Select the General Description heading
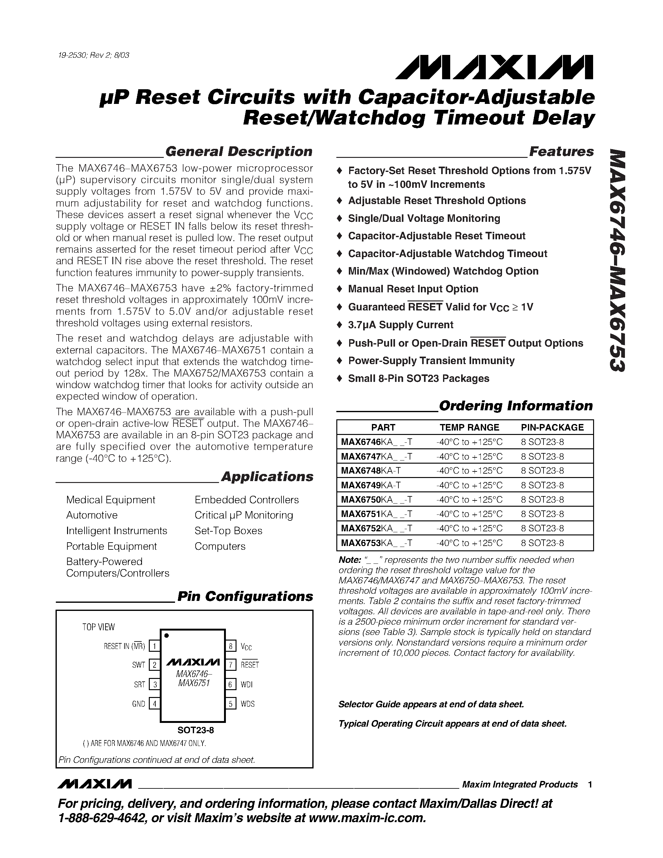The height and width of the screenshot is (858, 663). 239,152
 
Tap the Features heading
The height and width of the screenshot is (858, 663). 561,152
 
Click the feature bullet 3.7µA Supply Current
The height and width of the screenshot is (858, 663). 400,325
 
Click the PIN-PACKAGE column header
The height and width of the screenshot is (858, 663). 552,427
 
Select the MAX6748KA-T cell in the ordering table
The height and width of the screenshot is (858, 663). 371,470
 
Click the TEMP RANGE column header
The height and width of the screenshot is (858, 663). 469,427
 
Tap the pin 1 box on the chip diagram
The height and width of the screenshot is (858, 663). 155,646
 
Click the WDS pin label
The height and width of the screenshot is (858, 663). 247,704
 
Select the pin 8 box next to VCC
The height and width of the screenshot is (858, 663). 231,646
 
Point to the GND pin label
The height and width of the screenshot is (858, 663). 139,704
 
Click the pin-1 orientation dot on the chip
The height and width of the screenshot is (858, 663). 167,636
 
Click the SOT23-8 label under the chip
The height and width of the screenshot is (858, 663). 196,730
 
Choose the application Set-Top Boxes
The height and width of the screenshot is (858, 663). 228,531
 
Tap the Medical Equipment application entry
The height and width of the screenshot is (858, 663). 110,500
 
